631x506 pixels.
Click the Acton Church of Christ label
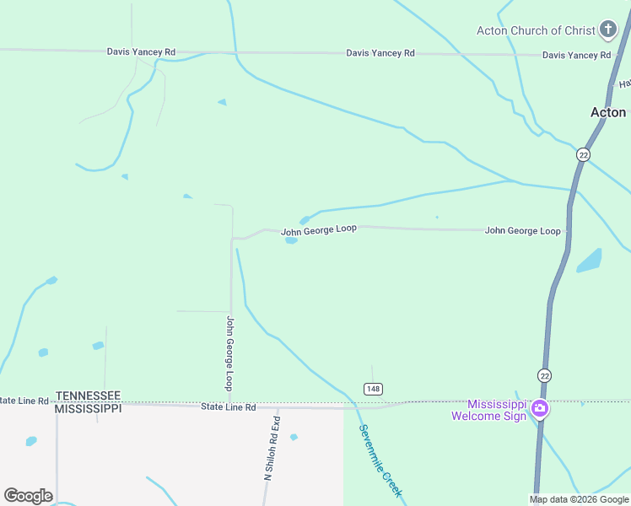[536, 30]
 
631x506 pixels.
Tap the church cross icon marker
[607, 30]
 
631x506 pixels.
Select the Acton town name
[607, 112]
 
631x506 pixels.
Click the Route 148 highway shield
[373, 388]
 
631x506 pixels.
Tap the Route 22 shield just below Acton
[583, 154]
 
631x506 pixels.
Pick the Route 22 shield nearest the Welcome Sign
[544, 374]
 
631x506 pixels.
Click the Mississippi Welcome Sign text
[488, 410]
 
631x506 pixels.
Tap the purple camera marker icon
[540, 410]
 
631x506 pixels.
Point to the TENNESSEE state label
[88, 396]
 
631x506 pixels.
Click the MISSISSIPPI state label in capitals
[88, 408]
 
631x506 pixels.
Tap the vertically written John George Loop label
[229, 353]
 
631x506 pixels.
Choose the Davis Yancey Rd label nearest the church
[576, 55]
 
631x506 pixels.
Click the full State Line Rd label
[228, 407]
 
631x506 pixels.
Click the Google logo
[28, 496]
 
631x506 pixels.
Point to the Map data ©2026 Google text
[580, 499]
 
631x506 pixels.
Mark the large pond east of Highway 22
[589, 261]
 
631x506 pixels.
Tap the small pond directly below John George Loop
[291, 240]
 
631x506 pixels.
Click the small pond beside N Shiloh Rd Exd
[294, 437]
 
